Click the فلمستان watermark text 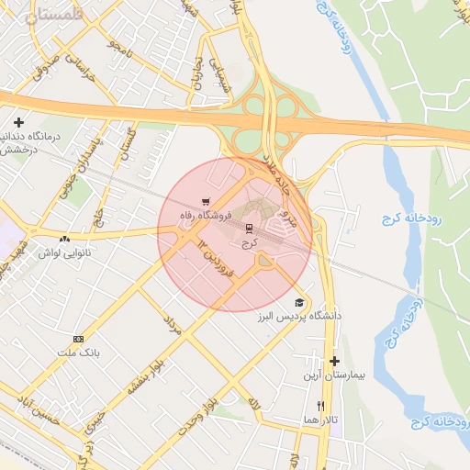tap(43, 16)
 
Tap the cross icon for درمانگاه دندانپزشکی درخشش tap(18, 122)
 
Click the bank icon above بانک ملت tap(78, 339)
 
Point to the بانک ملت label tap(77, 352)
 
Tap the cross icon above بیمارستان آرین tap(335, 362)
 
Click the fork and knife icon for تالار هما tap(320, 405)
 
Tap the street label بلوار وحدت tap(197, 415)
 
